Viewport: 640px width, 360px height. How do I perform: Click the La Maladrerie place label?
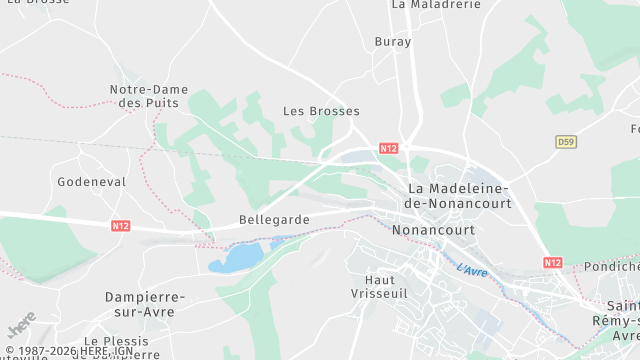click(435, 5)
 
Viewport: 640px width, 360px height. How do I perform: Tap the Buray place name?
click(393, 42)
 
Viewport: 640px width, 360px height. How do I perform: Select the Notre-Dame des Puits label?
click(144, 96)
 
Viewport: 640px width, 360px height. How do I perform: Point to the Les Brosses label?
click(321, 111)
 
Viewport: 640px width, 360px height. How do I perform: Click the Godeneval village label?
click(92, 182)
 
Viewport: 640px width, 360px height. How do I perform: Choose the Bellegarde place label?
click(274, 219)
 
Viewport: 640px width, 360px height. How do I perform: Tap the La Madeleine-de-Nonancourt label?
click(460, 196)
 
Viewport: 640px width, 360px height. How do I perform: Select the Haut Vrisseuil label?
click(387, 287)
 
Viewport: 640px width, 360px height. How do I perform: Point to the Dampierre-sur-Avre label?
click(145, 304)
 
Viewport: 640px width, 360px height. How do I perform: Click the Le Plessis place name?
click(118, 341)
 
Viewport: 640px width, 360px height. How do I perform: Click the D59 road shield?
click(566, 142)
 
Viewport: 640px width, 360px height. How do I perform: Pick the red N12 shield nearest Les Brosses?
click(389, 148)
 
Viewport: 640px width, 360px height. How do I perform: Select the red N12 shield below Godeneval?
click(120, 226)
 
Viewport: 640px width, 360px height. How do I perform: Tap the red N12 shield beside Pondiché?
click(553, 262)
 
